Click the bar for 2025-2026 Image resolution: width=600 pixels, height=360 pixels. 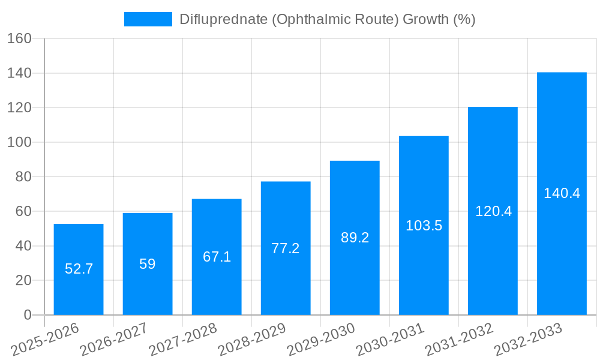[x=79, y=269]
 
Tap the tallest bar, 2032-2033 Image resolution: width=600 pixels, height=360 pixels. [x=562, y=193]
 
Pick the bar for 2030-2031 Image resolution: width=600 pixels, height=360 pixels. [x=424, y=226]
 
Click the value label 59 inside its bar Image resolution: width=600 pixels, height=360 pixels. [x=148, y=264]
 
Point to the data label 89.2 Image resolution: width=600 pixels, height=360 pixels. [x=355, y=238]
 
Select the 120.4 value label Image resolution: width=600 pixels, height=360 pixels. [x=493, y=211]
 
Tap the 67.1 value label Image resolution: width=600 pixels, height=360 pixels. [x=217, y=257]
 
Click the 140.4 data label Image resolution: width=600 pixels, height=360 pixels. [x=562, y=193]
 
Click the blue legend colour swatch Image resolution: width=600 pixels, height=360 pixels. [x=148, y=19]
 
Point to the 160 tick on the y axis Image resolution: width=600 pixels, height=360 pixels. [x=19, y=38]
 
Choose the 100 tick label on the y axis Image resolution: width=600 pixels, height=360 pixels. [x=19, y=142]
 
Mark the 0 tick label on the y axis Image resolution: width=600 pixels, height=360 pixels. [x=27, y=315]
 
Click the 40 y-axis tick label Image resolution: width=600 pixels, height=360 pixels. [x=23, y=246]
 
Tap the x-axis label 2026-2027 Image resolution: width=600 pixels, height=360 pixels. [x=114, y=340]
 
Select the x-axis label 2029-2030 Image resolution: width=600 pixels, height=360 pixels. [x=321, y=340]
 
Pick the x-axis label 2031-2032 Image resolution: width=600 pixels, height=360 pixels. [x=459, y=340]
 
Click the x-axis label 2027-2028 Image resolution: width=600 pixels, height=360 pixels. [x=183, y=340]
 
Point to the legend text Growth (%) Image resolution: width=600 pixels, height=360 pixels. [x=439, y=19]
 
